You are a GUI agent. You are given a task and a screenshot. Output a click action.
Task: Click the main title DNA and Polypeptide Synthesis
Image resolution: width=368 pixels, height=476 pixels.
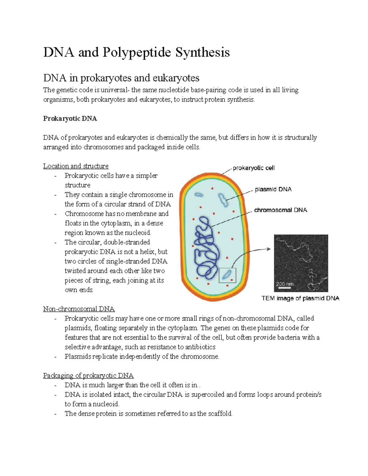click(x=136, y=52)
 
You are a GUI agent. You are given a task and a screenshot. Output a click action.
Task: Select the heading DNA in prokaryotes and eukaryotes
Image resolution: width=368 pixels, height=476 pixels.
click(x=121, y=78)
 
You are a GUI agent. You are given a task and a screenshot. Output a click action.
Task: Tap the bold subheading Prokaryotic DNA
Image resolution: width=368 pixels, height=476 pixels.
click(x=70, y=119)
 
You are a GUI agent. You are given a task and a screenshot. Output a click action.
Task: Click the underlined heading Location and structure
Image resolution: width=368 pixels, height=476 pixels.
click(x=76, y=166)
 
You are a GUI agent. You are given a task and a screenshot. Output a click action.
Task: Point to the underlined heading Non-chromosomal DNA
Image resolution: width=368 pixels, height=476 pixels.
click(x=79, y=309)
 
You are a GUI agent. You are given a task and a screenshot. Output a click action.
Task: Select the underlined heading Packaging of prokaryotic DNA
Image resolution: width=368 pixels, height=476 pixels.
click(x=88, y=375)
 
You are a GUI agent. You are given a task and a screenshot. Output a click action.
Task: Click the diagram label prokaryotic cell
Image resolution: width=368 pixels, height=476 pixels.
click(x=254, y=168)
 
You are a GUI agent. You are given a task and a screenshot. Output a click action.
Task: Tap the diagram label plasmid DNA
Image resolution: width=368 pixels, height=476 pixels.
click(x=273, y=189)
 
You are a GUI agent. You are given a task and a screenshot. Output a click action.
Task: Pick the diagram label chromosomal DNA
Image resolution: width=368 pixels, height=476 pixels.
click(x=281, y=210)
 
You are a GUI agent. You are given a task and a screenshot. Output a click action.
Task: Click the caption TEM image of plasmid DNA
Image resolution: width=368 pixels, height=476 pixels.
click(x=300, y=298)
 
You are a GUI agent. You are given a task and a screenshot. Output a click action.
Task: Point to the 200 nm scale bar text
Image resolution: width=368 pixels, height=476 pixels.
click(x=284, y=284)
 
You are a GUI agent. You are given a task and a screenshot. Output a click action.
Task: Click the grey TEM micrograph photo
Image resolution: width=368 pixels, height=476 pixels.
click(x=301, y=263)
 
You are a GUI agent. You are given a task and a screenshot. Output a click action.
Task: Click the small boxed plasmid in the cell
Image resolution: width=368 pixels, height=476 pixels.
click(x=227, y=275)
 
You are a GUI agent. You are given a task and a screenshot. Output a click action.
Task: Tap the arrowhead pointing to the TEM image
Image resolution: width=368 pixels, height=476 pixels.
click(x=269, y=249)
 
